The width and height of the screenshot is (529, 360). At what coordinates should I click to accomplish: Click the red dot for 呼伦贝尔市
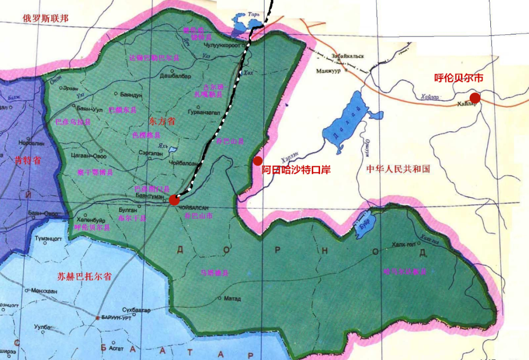point(475,97)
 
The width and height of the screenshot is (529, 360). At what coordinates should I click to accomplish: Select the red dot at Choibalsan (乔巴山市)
point(174,199)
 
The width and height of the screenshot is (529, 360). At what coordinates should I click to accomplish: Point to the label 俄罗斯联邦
point(45,18)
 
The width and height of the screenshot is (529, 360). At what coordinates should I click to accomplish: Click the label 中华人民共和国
point(398,169)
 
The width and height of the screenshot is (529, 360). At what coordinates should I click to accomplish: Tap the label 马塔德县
point(214,273)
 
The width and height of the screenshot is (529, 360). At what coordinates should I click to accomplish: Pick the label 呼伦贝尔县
point(92,227)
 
